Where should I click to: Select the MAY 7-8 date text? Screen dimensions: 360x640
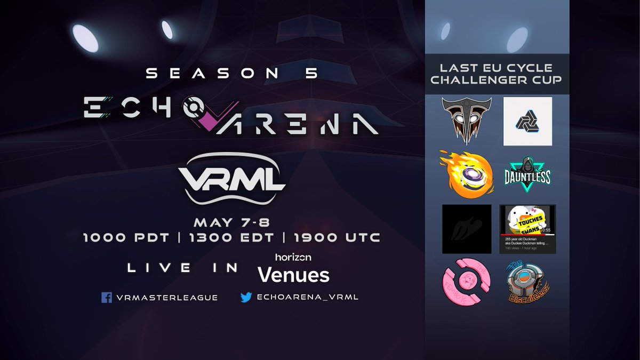coord(231,221)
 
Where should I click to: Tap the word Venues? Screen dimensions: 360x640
coord(293,275)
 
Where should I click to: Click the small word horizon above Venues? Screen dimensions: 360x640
coord(293,257)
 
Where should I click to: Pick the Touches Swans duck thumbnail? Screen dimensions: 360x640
coord(527,229)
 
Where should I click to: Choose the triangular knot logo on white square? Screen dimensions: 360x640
coord(527,122)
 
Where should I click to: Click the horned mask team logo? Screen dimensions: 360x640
coord(466,122)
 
